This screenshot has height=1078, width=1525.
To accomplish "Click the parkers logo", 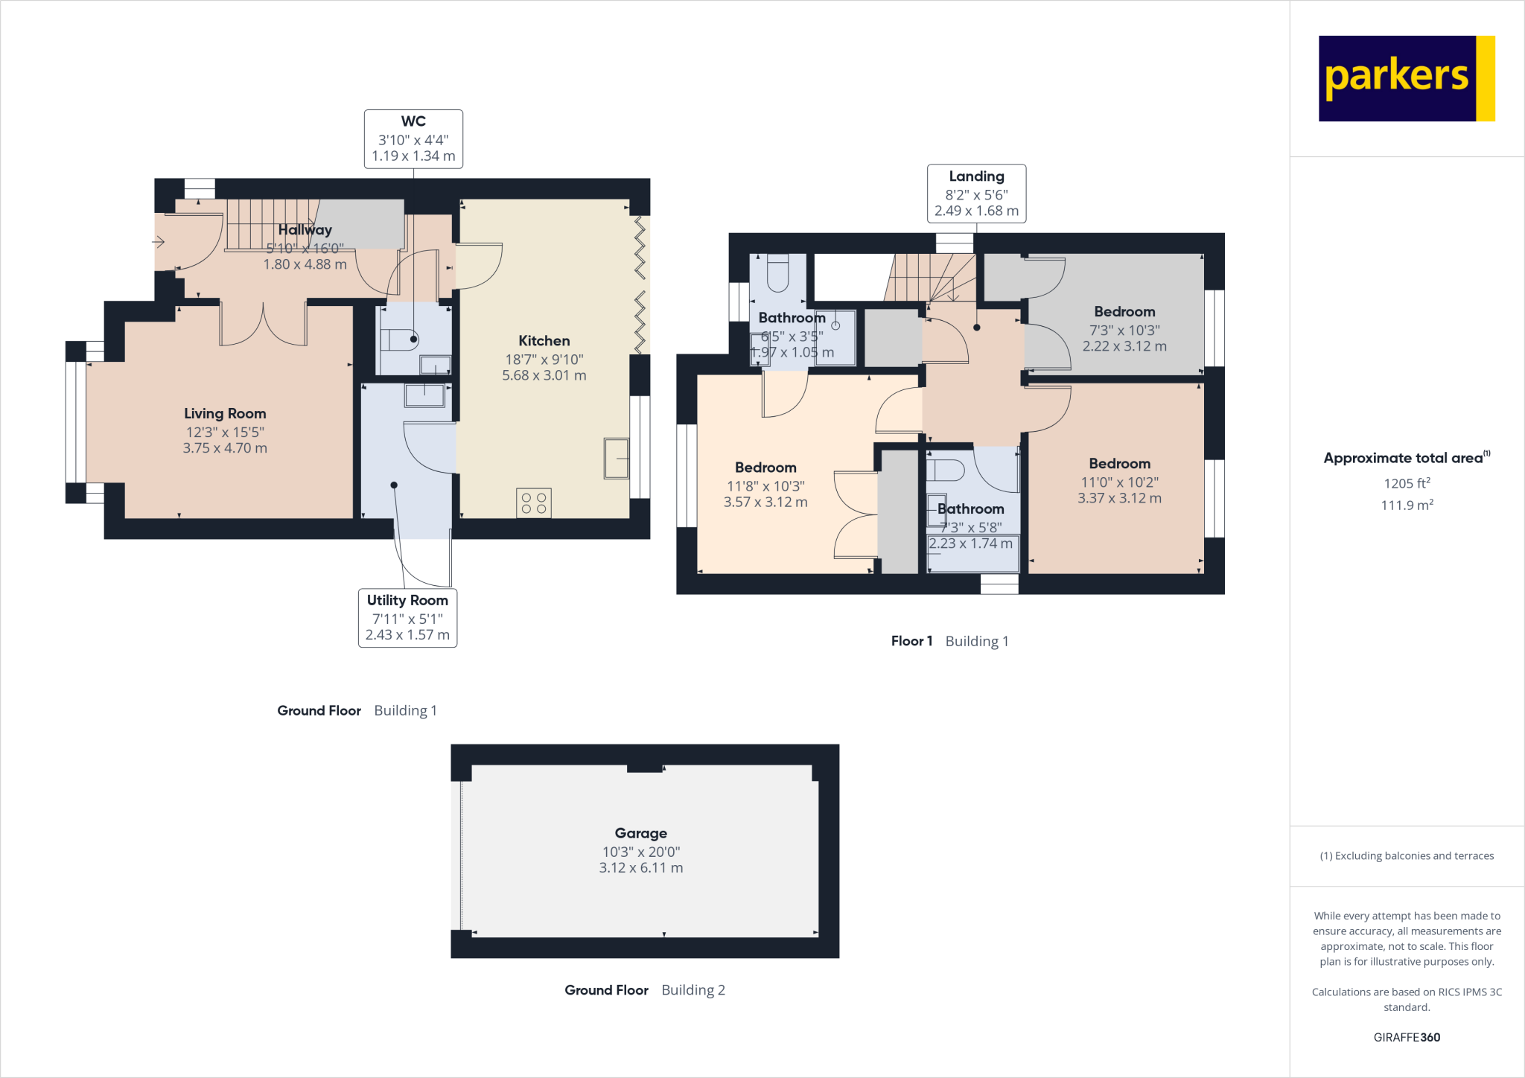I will click(1406, 78).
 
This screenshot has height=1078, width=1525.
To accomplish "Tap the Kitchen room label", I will click(544, 341).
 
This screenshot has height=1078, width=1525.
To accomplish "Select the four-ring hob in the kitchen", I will click(533, 503).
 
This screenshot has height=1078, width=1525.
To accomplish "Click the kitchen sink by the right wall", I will click(617, 459).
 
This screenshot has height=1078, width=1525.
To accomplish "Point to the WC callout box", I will click(413, 139).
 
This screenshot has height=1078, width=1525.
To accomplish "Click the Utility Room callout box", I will click(407, 618).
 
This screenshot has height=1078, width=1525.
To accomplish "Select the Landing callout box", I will click(976, 194).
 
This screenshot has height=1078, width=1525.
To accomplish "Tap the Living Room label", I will click(225, 414).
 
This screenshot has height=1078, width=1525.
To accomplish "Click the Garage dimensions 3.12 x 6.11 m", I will click(640, 868).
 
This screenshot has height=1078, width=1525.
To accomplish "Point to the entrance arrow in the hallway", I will click(159, 242).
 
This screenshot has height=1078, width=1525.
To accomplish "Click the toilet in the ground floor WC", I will click(402, 340).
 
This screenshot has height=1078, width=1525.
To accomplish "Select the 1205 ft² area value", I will click(1407, 483).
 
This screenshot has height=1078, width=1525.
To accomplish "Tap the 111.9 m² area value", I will click(1407, 505).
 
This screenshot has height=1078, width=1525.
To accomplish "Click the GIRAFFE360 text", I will click(1407, 1037).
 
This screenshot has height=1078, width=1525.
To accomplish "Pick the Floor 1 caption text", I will click(911, 641).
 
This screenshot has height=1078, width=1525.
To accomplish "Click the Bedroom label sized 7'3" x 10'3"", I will click(1124, 312).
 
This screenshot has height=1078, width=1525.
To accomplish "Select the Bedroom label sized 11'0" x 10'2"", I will click(1119, 464).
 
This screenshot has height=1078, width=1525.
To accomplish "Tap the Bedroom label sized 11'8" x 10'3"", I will click(765, 468).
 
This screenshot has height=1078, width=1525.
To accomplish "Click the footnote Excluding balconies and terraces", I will click(1407, 856).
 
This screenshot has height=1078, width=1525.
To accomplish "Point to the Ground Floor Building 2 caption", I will click(644, 990).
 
